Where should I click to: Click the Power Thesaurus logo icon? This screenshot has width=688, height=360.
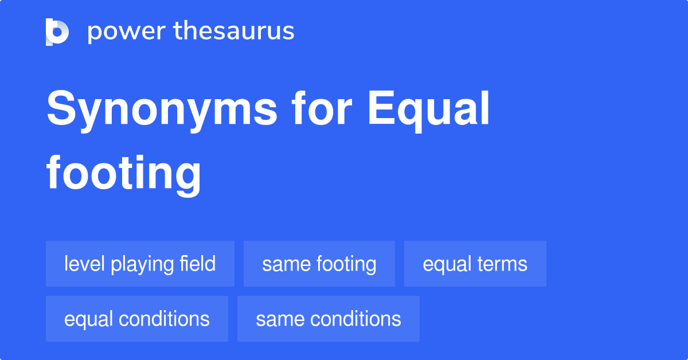[x=57, y=32]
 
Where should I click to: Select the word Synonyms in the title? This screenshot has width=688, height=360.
[x=162, y=110]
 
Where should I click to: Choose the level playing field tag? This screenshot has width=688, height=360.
[x=140, y=264]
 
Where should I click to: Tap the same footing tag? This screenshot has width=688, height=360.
[x=319, y=264]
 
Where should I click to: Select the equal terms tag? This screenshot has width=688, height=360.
[x=475, y=264]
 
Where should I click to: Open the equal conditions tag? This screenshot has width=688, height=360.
[x=136, y=319]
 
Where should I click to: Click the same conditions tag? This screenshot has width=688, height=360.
[x=328, y=319]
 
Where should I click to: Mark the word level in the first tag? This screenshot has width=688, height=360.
[x=85, y=264]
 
